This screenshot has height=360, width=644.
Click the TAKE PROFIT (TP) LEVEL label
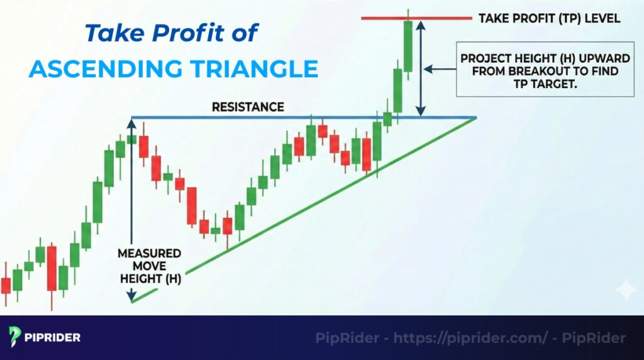pyautogui.click(x=549, y=18)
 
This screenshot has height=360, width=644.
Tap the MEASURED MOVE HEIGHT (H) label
pyautogui.click(x=149, y=266)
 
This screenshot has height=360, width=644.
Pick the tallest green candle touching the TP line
pyautogui.click(x=408, y=46)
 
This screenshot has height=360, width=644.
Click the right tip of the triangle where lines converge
pyautogui.click(x=475, y=118)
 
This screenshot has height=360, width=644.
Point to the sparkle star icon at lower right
pyautogui.click(x=626, y=290)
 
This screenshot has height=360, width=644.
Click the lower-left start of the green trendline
pyautogui.click(x=133, y=301)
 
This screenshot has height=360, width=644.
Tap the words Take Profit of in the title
pyautogui.click(x=171, y=33)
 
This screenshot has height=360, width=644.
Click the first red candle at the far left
pyautogui.click(x=6, y=285)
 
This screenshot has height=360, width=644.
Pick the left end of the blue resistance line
pyautogui.click(x=131, y=118)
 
